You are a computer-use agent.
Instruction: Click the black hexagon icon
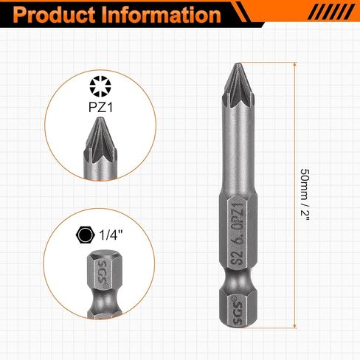click(84, 235)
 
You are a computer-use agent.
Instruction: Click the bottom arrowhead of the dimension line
click(295, 325)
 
